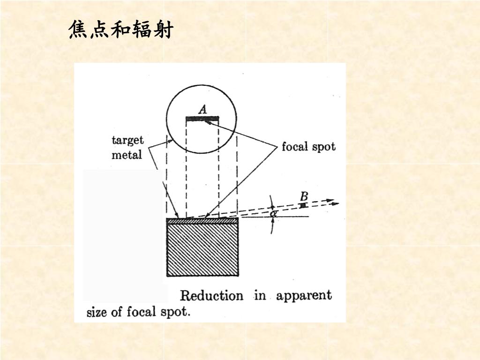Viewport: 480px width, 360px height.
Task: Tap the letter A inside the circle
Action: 202,110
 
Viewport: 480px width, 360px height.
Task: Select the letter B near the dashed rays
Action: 304,195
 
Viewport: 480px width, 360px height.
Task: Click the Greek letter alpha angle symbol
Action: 274,213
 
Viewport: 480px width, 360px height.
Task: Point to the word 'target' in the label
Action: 127,140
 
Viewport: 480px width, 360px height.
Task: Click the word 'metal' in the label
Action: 126,155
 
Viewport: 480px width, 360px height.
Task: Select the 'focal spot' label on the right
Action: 308,147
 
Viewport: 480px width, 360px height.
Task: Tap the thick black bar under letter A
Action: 202,119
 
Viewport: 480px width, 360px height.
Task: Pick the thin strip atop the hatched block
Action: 202,220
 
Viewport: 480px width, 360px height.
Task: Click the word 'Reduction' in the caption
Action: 211,296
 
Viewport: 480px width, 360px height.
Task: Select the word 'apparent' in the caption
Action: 304,296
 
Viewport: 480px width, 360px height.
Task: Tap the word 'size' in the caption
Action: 97,312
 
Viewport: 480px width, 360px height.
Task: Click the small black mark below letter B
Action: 304,205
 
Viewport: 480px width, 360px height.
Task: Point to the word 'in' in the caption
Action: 260,296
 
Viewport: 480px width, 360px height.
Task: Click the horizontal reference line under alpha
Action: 291,217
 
